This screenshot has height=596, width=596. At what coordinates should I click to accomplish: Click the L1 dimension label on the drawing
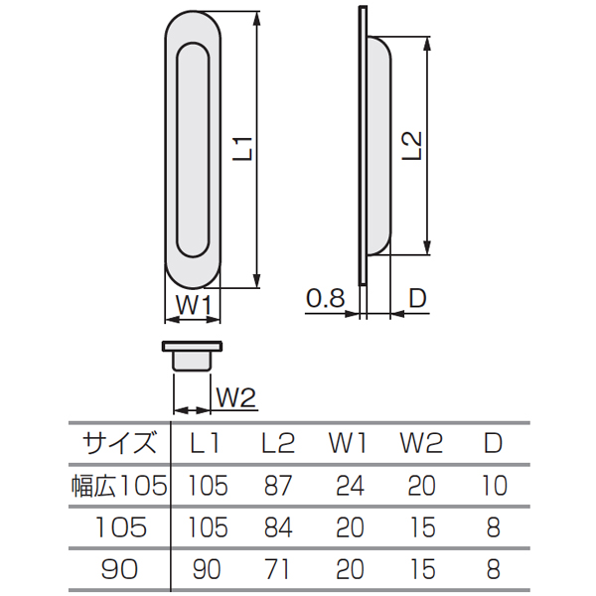click(x=243, y=149)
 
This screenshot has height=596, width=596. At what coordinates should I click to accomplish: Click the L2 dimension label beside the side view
click(x=412, y=146)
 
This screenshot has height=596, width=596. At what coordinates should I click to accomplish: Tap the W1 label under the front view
click(x=194, y=304)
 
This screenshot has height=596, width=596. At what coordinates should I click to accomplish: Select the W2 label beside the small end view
click(x=236, y=397)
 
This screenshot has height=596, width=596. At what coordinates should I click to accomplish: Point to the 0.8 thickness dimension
click(x=326, y=298)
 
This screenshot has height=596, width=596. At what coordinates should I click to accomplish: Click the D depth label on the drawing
click(x=418, y=298)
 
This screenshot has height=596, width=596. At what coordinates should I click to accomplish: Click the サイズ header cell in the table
click(x=119, y=443)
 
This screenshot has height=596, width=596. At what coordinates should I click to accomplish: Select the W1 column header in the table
click(x=348, y=443)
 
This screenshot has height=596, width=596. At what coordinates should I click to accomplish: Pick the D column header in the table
click(x=494, y=443)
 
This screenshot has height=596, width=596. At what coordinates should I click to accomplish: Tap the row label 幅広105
click(x=119, y=486)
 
